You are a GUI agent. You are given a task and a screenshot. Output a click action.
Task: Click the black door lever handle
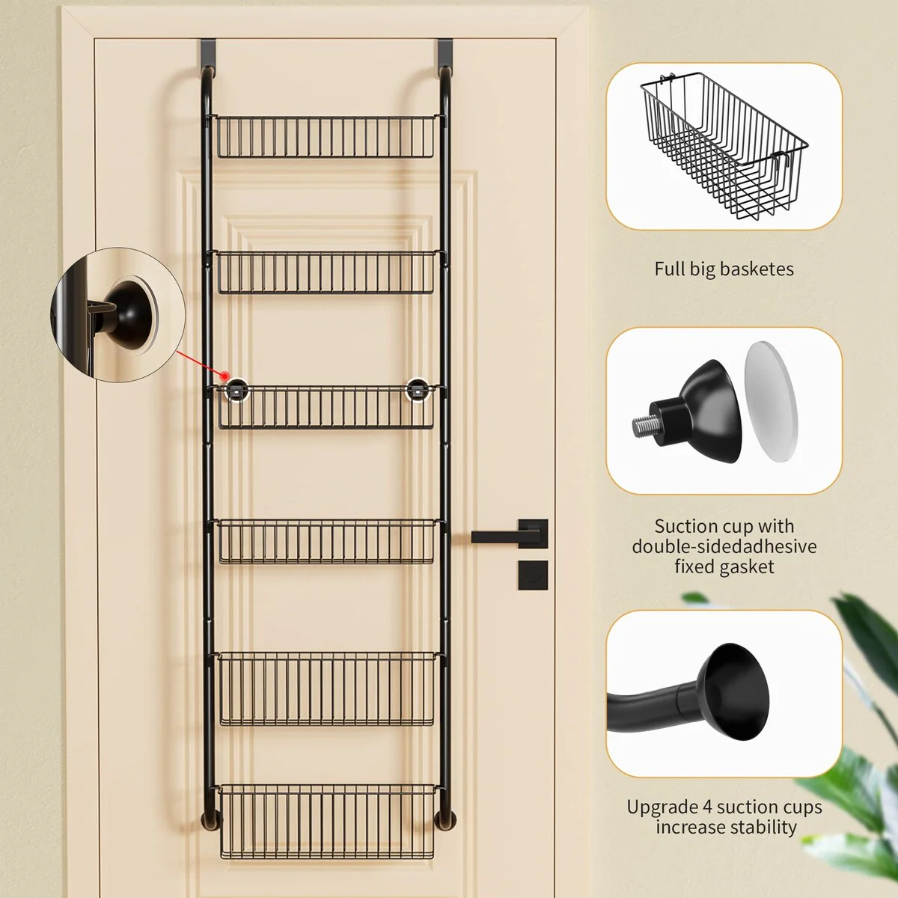tap(510, 536)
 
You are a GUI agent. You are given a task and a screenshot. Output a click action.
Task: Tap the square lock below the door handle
tap(533, 575)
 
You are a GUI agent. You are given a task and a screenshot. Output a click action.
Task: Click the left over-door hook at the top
tap(208, 56)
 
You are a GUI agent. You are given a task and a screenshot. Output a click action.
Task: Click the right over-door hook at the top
tap(445, 56)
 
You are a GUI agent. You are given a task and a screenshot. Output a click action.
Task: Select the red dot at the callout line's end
tap(225, 376)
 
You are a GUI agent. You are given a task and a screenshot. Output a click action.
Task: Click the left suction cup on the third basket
tap(236, 390)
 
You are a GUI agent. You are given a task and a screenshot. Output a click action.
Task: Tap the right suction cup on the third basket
tap(417, 390)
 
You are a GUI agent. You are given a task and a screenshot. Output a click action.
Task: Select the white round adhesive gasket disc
tap(771, 401)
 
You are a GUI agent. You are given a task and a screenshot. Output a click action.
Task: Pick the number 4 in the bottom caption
tap(707, 807)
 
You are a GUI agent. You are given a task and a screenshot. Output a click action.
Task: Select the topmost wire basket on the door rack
tap(326, 136)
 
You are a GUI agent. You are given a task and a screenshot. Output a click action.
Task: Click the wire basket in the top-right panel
tap(724, 145)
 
